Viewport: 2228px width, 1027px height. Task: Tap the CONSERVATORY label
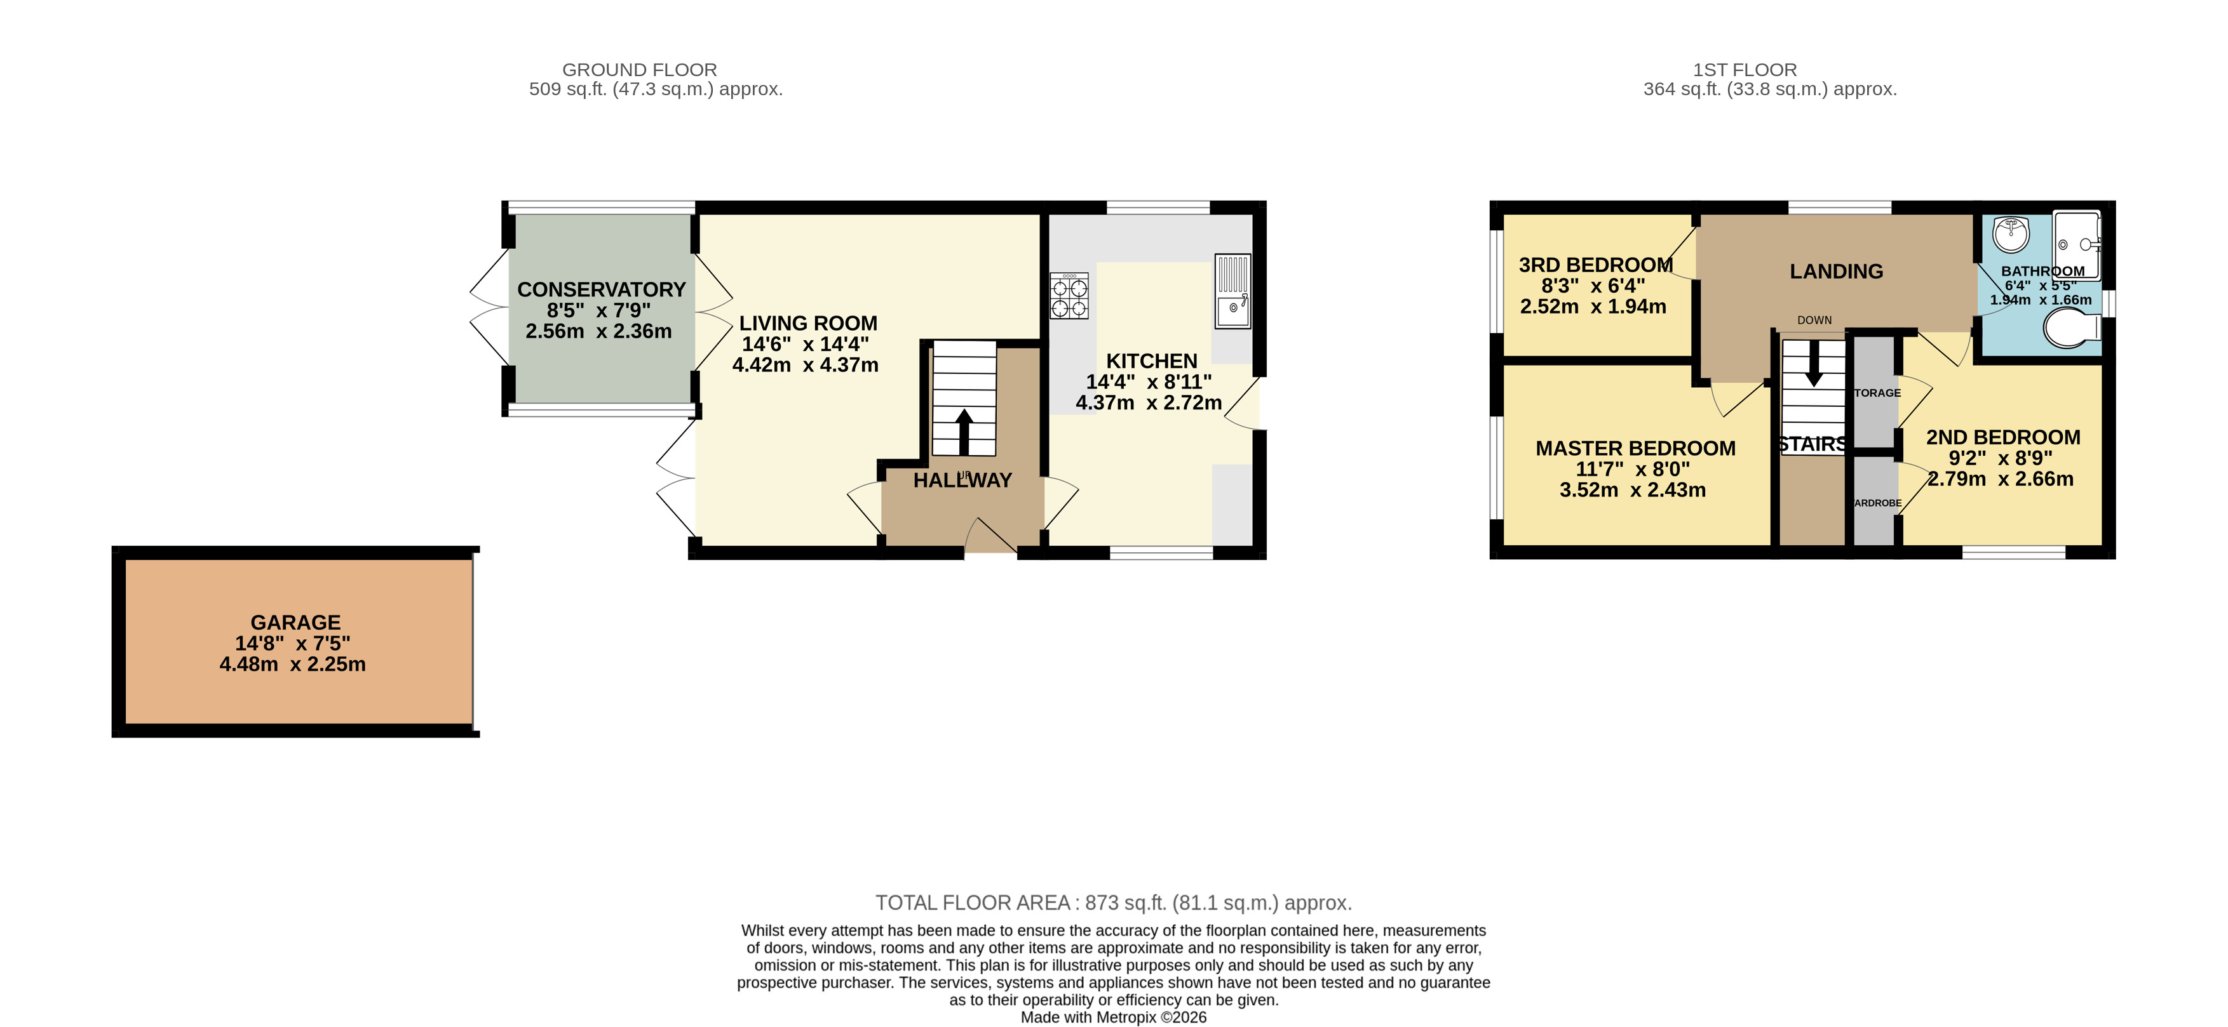(601, 289)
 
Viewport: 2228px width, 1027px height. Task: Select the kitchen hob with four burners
(1069, 296)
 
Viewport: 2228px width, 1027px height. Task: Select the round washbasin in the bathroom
(2011, 234)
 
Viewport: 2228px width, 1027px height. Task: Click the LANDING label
(1835, 272)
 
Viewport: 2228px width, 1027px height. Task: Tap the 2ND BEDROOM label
(2002, 437)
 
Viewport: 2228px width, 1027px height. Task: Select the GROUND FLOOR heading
(639, 70)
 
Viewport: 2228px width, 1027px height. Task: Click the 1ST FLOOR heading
(1745, 70)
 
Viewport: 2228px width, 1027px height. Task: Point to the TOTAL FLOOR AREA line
(1113, 903)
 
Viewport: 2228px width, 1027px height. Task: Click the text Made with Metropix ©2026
(1113, 1017)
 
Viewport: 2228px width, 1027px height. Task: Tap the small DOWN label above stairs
(1814, 320)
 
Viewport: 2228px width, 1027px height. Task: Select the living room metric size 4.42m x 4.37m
(805, 365)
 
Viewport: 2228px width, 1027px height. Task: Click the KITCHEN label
(1151, 361)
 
